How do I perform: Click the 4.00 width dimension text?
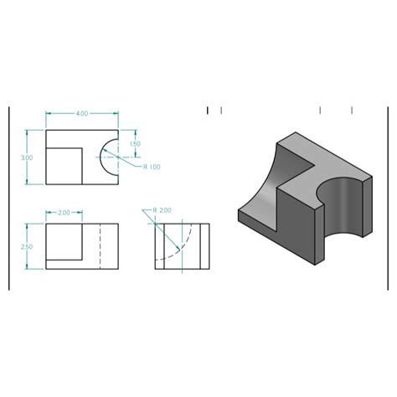tap(81, 113)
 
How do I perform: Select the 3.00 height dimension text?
tap(27, 157)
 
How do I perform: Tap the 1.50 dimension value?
tap(137, 144)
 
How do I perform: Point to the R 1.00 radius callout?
tap(152, 167)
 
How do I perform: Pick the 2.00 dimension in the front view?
tap(64, 213)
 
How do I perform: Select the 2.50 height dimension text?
tap(27, 246)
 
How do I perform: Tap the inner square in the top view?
tap(64, 165)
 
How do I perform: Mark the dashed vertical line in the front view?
tap(100, 246)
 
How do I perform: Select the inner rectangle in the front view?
tap(64, 242)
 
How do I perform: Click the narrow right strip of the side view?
tap(204, 246)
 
